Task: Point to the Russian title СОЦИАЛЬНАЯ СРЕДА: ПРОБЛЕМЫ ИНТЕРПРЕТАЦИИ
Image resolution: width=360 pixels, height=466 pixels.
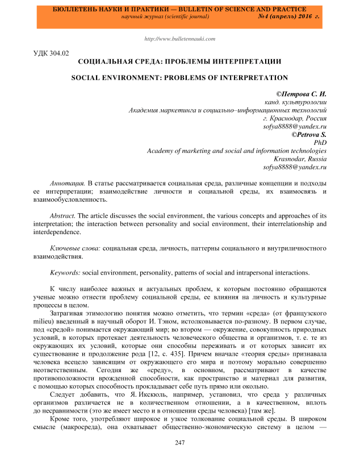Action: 179,60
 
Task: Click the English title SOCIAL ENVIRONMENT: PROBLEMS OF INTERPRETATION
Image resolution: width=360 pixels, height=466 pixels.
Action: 179,77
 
